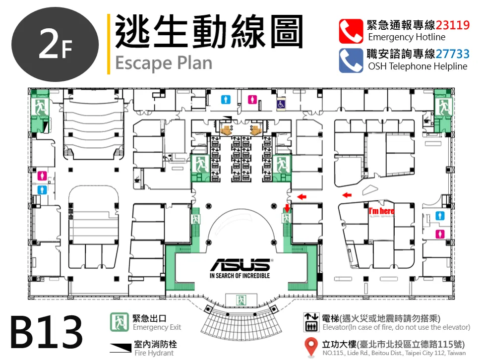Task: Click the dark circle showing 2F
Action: pos(55,45)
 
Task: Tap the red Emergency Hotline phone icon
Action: pos(351,31)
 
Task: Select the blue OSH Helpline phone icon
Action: pos(351,60)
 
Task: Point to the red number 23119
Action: pos(452,25)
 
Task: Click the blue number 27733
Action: pos(452,54)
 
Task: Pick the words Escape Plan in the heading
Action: pos(164,63)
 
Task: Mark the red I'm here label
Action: pos(381,211)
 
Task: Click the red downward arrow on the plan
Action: pos(287,208)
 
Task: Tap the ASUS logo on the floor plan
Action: pos(241,265)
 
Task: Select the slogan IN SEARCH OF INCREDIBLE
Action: pos(240,276)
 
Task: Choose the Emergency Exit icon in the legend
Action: pos(120,322)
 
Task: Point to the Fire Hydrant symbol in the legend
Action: pos(120,348)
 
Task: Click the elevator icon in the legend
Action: pos(311,322)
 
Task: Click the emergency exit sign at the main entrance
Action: pos(241,300)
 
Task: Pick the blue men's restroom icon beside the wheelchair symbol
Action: pos(226,100)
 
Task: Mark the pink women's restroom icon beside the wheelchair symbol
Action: pos(252,100)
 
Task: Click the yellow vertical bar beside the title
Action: pos(109,44)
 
